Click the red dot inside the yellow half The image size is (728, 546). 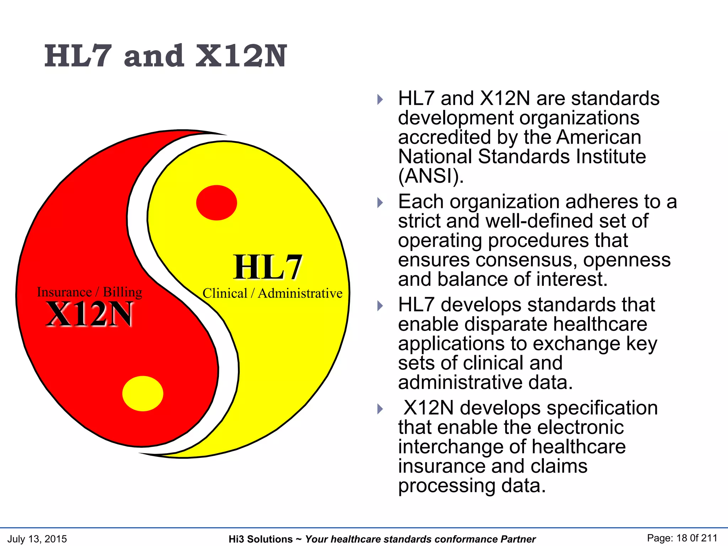pyautogui.click(x=216, y=203)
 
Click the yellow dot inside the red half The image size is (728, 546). pyautogui.click(x=143, y=394)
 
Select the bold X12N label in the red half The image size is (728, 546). pyautogui.click(x=90, y=314)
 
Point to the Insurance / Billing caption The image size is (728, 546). pyautogui.click(x=90, y=292)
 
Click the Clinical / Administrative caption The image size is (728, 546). pyautogui.click(x=272, y=293)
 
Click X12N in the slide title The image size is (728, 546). pyautogui.click(x=241, y=56)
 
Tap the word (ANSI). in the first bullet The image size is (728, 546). pyautogui.click(x=431, y=176)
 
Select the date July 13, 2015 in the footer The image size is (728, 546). pyautogui.click(x=37, y=539)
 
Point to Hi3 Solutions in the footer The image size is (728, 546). pyautogui.click(x=261, y=539)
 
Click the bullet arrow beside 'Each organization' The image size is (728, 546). pyautogui.click(x=380, y=203)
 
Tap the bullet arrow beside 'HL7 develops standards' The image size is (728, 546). pyautogui.click(x=380, y=306)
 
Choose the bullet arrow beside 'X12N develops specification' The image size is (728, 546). pyautogui.click(x=380, y=409)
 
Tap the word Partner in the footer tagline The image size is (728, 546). pyautogui.click(x=518, y=539)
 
